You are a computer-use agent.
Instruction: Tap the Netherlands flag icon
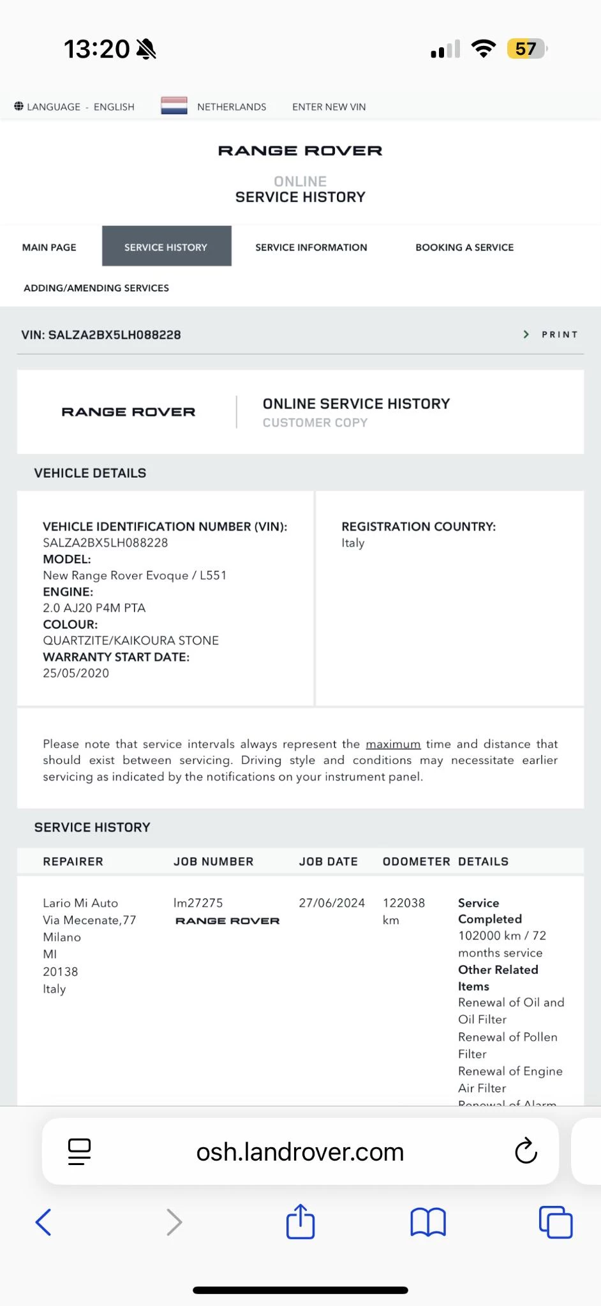[174, 106]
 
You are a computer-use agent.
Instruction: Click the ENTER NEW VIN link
[329, 107]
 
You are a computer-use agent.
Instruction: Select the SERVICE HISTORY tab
[166, 247]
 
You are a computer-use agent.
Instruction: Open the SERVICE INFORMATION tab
[311, 247]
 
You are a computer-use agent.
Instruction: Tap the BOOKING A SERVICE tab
[464, 247]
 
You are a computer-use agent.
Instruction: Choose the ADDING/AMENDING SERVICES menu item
[96, 288]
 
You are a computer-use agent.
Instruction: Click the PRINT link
[559, 335]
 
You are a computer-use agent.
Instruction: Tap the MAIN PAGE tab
[49, 247]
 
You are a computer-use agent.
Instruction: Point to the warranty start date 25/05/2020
[76, 673]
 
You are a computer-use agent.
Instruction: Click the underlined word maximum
[393, 744]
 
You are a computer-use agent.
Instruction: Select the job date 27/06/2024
[332, 903]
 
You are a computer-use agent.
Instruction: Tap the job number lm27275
[198, 903]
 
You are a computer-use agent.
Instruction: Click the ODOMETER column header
[416, 862]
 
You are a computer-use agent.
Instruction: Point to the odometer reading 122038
[404, 903]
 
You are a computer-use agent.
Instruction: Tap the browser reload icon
[526, 1151]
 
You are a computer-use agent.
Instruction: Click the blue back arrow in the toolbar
[43, 1222]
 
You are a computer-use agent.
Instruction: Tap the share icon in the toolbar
[300, 1221]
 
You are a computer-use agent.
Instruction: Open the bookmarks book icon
[428, 1222]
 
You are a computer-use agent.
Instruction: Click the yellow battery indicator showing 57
[526, 49]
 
